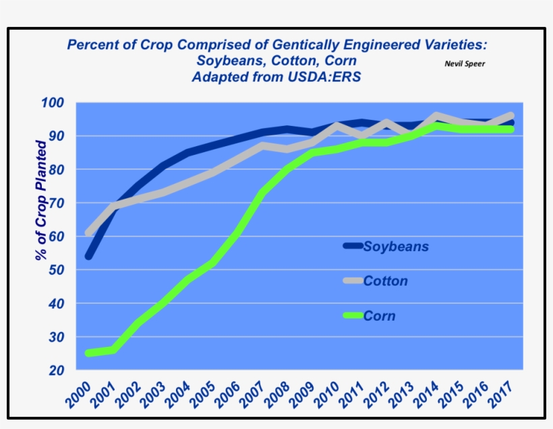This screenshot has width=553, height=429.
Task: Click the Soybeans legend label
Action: [x=396, y=246]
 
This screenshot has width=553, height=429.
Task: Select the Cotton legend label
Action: [x=385, y=281]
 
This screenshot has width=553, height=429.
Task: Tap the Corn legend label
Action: [x=379, y=315]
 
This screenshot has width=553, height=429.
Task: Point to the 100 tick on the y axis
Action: [x=51, y=103]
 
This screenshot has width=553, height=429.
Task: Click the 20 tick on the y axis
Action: [x=55, y=370]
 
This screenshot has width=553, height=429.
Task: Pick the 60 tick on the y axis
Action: [x=55, y=236]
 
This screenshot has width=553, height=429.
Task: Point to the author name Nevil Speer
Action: [x=465, y=63]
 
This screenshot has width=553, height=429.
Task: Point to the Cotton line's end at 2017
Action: [x=511, y=116]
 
